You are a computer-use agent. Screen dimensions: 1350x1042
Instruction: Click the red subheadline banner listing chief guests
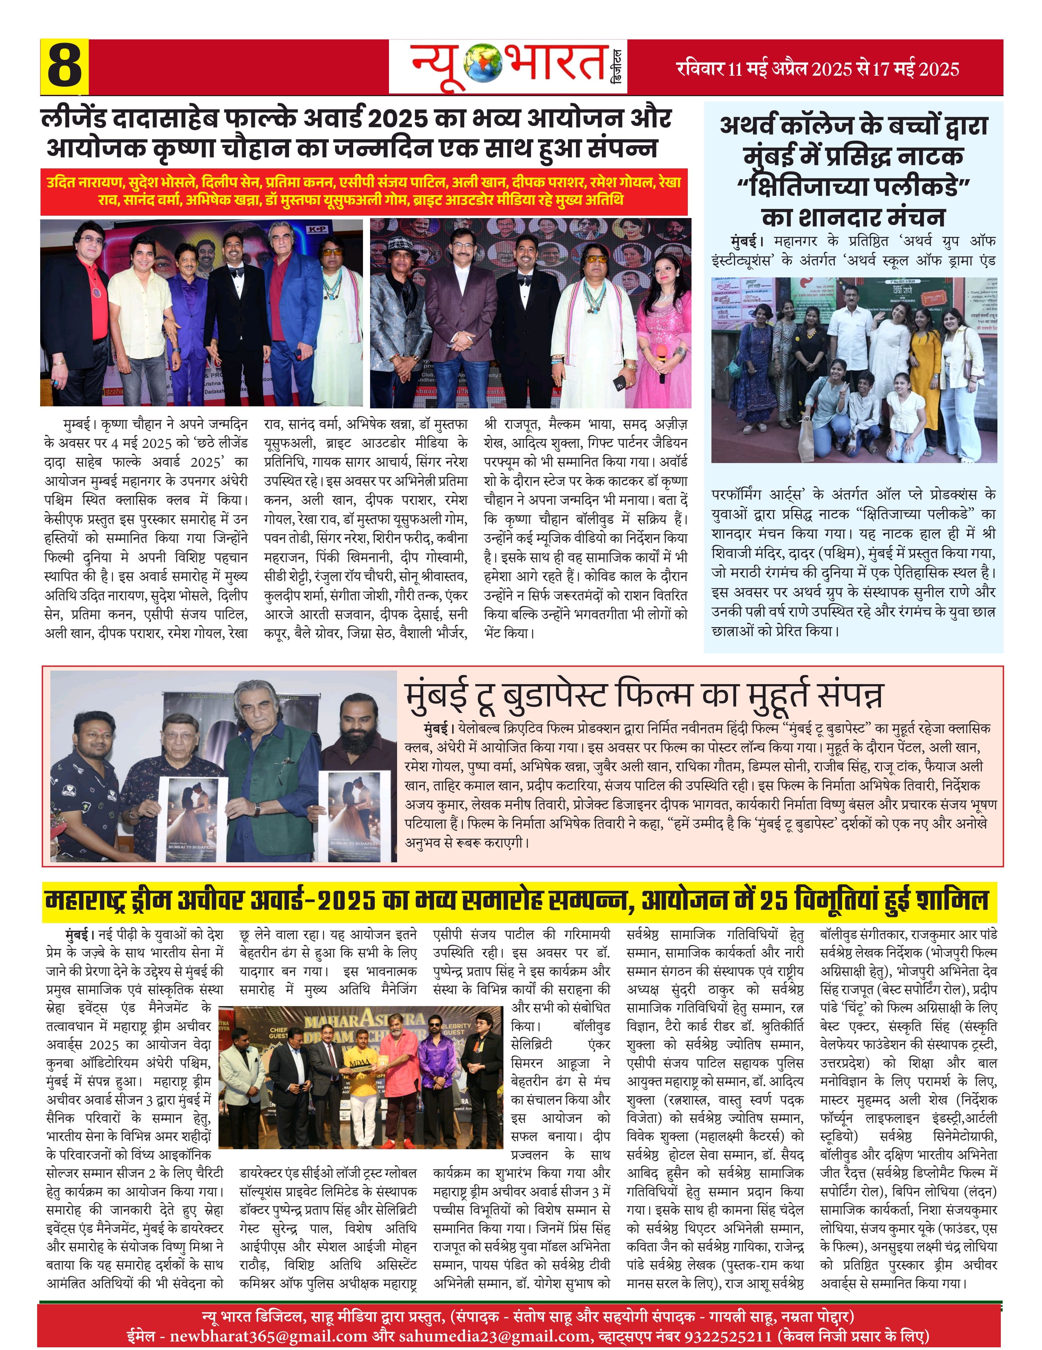point(364,191)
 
